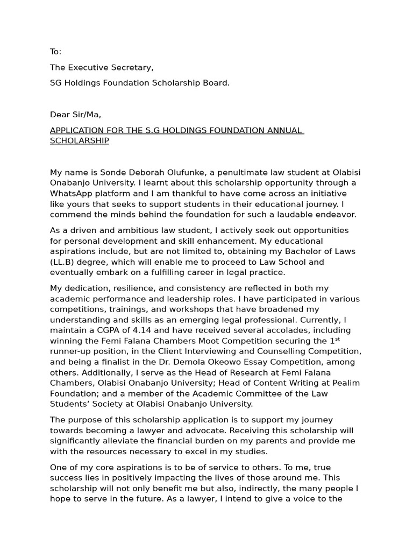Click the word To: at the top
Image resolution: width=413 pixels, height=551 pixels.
(x=56, y=52)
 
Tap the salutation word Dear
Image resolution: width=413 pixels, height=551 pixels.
(x=59, y=115)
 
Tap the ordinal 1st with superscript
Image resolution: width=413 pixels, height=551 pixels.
(x=335, y=340)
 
